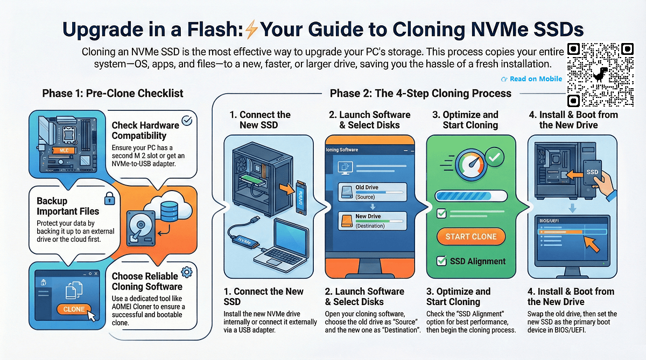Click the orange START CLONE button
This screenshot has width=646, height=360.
[471, 237]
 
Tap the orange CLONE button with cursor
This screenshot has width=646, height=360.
[74, 309]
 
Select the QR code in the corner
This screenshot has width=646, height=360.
[601, 74]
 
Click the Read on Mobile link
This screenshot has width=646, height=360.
[532, 79]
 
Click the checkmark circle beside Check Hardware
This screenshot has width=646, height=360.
[187, 121]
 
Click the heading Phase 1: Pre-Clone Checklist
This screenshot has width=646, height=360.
[113, 94]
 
